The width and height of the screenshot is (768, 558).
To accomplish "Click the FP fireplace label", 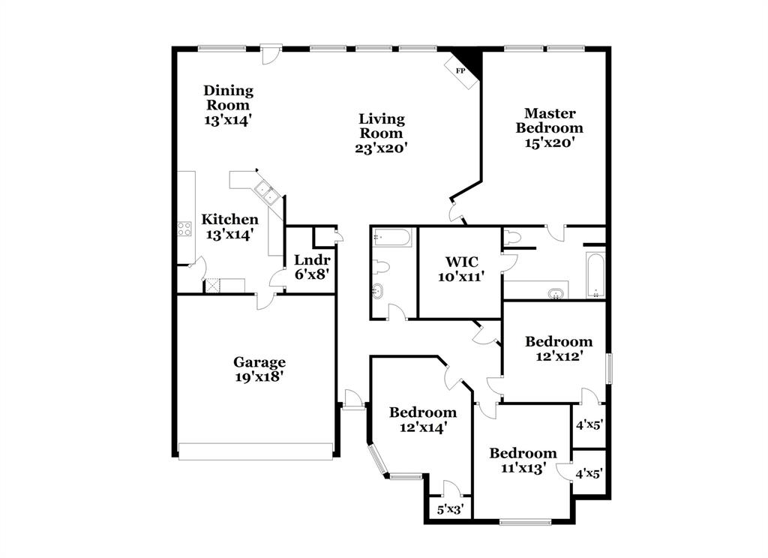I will (460, 71).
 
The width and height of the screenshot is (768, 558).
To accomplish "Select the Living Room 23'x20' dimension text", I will (381, 148).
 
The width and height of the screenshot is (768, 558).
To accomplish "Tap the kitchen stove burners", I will (184, 229).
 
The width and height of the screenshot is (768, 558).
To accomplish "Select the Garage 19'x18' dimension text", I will (258, 377).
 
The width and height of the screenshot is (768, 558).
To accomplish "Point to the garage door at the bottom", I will (255, 451).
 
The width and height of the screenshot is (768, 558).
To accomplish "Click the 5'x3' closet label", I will (450, 510).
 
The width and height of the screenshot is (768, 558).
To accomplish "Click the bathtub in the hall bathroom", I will (391, 238).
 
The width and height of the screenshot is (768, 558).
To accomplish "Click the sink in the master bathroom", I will (556, 292).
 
